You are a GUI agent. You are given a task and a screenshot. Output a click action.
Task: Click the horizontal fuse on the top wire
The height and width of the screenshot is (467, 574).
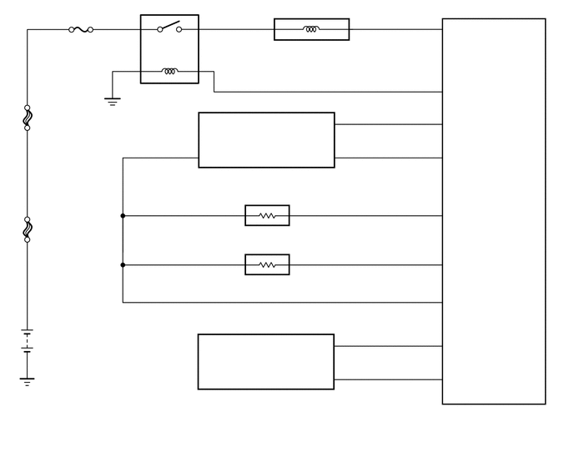81,29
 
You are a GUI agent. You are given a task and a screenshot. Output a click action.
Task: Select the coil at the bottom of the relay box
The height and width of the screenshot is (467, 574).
169,71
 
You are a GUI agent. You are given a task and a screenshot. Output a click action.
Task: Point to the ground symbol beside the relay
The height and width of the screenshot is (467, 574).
112,102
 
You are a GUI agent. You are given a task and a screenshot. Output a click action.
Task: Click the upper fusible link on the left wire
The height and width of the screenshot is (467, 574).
28,118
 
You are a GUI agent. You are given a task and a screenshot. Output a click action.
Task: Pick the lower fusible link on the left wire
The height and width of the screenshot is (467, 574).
28,228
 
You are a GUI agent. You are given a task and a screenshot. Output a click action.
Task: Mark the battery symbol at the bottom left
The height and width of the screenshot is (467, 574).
28,343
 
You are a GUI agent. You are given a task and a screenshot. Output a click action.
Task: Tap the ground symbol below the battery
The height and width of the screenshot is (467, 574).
28,381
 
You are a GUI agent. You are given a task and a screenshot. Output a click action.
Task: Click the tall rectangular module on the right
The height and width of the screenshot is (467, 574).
493,211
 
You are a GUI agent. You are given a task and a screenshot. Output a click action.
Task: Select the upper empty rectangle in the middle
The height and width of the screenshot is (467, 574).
266,140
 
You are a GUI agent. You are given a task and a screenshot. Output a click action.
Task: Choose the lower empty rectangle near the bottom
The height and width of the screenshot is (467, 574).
265,361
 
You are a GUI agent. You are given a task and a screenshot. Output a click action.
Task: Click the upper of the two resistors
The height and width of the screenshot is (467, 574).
267,215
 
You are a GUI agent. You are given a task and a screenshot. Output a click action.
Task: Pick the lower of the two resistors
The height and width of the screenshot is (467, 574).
267,265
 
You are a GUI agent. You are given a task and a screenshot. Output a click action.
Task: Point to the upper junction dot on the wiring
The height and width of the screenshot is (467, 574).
123,215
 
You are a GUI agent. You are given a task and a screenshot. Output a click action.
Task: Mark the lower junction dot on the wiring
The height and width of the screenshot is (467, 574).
123,265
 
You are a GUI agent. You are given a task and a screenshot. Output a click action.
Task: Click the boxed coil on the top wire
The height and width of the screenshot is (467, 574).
311,29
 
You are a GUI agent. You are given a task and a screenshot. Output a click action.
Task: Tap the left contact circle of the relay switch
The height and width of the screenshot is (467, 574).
159,29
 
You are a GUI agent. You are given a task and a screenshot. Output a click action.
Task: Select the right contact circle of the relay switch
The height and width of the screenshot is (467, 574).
179,29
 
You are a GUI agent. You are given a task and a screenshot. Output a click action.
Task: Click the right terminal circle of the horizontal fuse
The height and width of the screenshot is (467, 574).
90,29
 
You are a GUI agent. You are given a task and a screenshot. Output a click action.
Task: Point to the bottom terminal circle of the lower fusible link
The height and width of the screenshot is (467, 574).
28,239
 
